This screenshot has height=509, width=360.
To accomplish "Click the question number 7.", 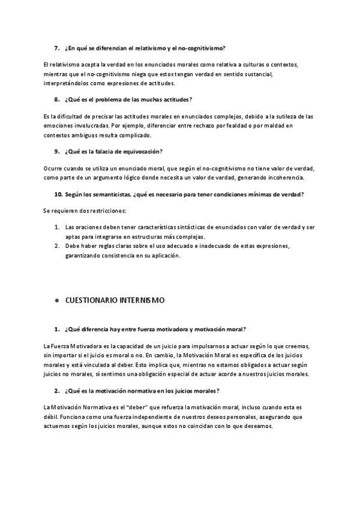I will click(56, 47).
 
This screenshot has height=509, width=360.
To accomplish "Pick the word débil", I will click(52, 409).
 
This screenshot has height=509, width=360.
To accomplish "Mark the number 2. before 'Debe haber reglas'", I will click(56, 246).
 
